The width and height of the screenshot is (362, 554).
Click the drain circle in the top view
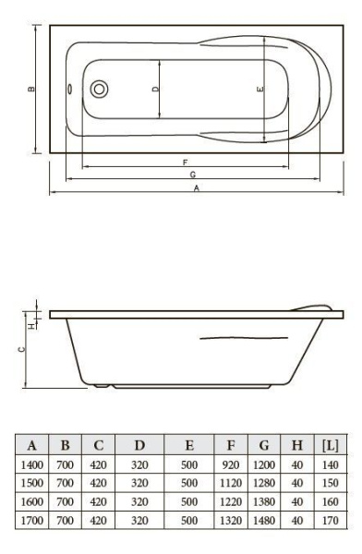[99, 90]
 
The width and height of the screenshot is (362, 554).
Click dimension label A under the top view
[196, 188]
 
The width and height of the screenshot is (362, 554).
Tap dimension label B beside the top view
[30, 90]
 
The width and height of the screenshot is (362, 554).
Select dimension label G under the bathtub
[191, 175]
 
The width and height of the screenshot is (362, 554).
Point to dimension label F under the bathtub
[187, 162]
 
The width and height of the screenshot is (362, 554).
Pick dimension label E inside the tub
[259, 89]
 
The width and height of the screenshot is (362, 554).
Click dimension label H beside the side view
[30, 325]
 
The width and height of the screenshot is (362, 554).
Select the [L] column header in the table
[330, 445]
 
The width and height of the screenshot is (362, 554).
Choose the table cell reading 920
[233, 464]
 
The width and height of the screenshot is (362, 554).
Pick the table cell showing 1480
[264, 520]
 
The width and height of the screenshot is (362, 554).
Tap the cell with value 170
[330, 520]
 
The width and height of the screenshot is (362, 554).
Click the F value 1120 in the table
[233, 483]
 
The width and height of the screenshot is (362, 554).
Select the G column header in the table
[264, 445]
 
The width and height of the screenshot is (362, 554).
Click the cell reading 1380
[264, 501]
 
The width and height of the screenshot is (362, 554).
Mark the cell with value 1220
[233, 501]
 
